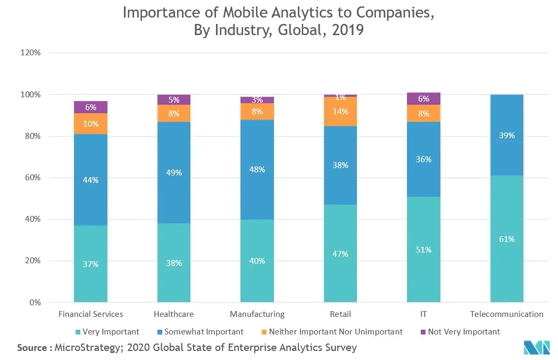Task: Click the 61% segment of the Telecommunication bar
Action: [x=507, y=239]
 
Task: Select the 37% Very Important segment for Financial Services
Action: [x=90, y=264]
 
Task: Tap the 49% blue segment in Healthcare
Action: [x=174, y=172]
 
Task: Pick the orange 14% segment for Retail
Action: [x=340, y=112]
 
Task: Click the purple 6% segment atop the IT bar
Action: [x=423, y=98]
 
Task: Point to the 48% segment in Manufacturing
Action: [x=257, y=170]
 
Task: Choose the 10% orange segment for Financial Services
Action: [x=90, y=123]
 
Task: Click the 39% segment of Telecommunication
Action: [x=507, y=135]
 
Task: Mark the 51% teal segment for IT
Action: [x=423, y=249]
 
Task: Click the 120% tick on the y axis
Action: [x=31, y=53]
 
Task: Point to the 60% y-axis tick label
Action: [x=33, y=178]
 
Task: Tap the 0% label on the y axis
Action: [x=35, y=303]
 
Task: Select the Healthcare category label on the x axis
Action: [x=173, y=314]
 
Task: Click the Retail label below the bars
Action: [x=340, y=314]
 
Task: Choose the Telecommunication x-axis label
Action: [x=507, y=314]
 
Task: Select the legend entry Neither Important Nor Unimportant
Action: [x=336, y=332]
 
